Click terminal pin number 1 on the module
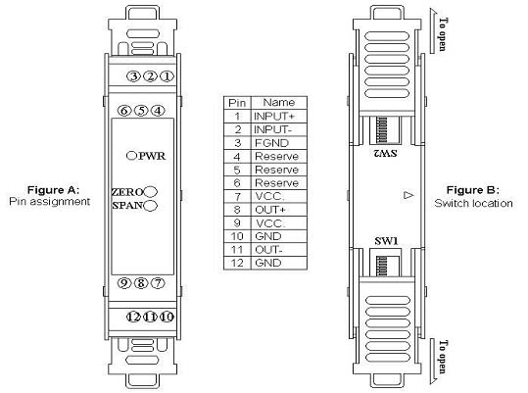coord(167,76)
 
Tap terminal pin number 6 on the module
coord(124,111)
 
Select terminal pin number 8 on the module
coord(141,283)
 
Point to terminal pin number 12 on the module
coord(133,317)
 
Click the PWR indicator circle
coord(131,156)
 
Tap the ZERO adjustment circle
coord(151,192)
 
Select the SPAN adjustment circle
coord(150,205)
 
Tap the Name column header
coord(279,102)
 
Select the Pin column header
coord(237,103)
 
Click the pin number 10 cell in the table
coord(237,236)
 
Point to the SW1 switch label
coord(386,241)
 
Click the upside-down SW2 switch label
coord(385,154)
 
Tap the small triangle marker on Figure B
coord(408,195)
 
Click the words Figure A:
coord(53,190)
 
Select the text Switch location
coord(473,203)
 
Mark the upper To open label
coord(443,34)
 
